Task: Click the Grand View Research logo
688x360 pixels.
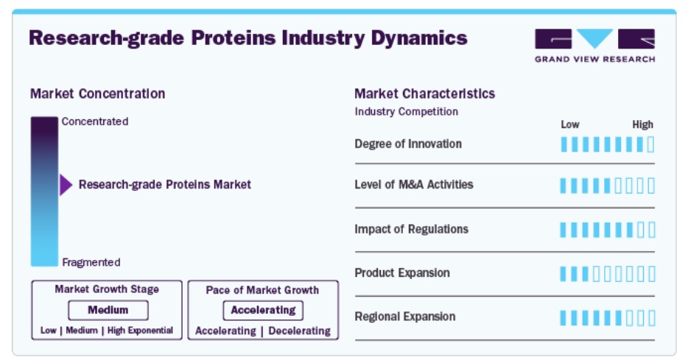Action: point(594,46)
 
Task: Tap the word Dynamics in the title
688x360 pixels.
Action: point(419,38)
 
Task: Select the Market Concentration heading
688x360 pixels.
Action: point(97,93)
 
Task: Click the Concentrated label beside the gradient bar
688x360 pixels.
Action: point(95,121)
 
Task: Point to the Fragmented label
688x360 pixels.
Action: point(91,262)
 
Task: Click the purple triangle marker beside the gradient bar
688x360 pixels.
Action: point(66,185)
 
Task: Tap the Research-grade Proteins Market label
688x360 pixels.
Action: point(164,184)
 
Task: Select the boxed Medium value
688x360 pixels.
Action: point(108,310)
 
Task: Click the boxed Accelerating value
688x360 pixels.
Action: point(263,310)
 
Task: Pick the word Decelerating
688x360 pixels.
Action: point(299,331)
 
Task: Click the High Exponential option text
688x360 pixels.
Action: point(140,330)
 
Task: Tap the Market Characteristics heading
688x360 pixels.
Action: point(425,93)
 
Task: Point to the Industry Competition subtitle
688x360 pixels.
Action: point(407,111)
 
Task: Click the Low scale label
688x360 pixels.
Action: point(570,124)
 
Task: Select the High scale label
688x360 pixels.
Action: point(643,124)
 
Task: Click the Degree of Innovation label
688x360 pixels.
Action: point(408,144)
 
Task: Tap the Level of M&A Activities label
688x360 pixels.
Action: point(414,185)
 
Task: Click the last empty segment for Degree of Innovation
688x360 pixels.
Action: point(650,144)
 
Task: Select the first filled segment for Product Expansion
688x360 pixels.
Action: point(564,274)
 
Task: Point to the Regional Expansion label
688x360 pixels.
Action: point(405,317)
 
